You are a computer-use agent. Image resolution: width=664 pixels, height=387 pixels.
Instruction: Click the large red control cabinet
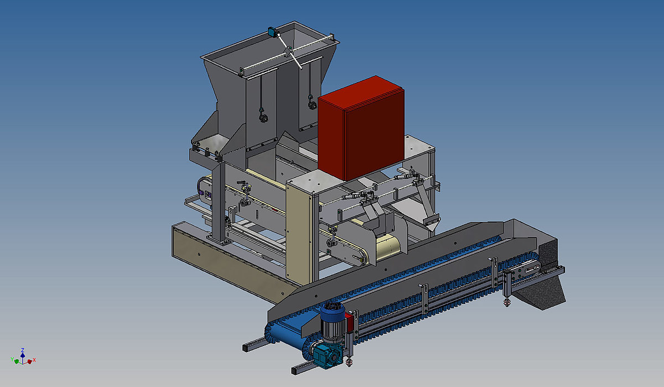361,127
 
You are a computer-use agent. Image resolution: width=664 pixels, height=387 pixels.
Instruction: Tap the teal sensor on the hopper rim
272,32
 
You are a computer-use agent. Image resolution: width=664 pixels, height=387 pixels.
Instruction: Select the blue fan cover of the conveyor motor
333,310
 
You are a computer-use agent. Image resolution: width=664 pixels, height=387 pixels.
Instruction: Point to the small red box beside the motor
349,322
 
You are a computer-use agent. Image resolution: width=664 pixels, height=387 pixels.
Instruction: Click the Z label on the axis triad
23,350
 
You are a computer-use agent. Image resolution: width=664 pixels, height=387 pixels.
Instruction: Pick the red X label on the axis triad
34,360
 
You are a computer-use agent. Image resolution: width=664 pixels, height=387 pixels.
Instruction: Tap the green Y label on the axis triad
12,359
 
